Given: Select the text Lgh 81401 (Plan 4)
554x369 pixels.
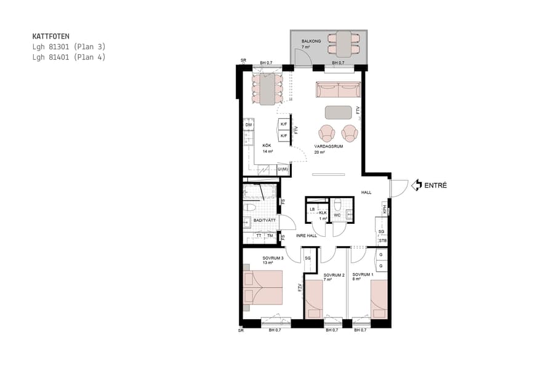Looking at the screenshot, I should [x=69, y=57].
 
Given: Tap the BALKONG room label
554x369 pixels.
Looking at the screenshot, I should [x=310, y=41].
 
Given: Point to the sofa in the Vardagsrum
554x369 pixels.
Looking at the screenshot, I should [x=338, y=90].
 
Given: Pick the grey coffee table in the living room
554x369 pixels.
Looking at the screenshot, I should [x=338, y=112].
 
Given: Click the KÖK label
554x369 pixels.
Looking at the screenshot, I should [x=267, y=146].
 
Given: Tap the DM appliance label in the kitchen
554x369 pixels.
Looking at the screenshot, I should [x=249, y=125].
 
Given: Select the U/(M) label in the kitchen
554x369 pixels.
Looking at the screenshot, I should [x=283, y=169].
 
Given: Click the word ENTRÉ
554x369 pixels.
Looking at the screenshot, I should [x=436, y=185].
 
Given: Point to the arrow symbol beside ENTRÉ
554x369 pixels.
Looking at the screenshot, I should [x=416, y=184].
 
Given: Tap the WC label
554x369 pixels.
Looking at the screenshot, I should [x=337, y=215].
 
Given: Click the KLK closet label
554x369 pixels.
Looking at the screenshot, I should [x=323, y=212].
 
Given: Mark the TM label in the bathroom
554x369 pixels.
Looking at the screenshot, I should [x=270, y=236].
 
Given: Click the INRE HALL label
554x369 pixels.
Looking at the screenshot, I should [x=306, y=236].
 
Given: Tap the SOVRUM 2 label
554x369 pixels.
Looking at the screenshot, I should [x=325, y=274].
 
